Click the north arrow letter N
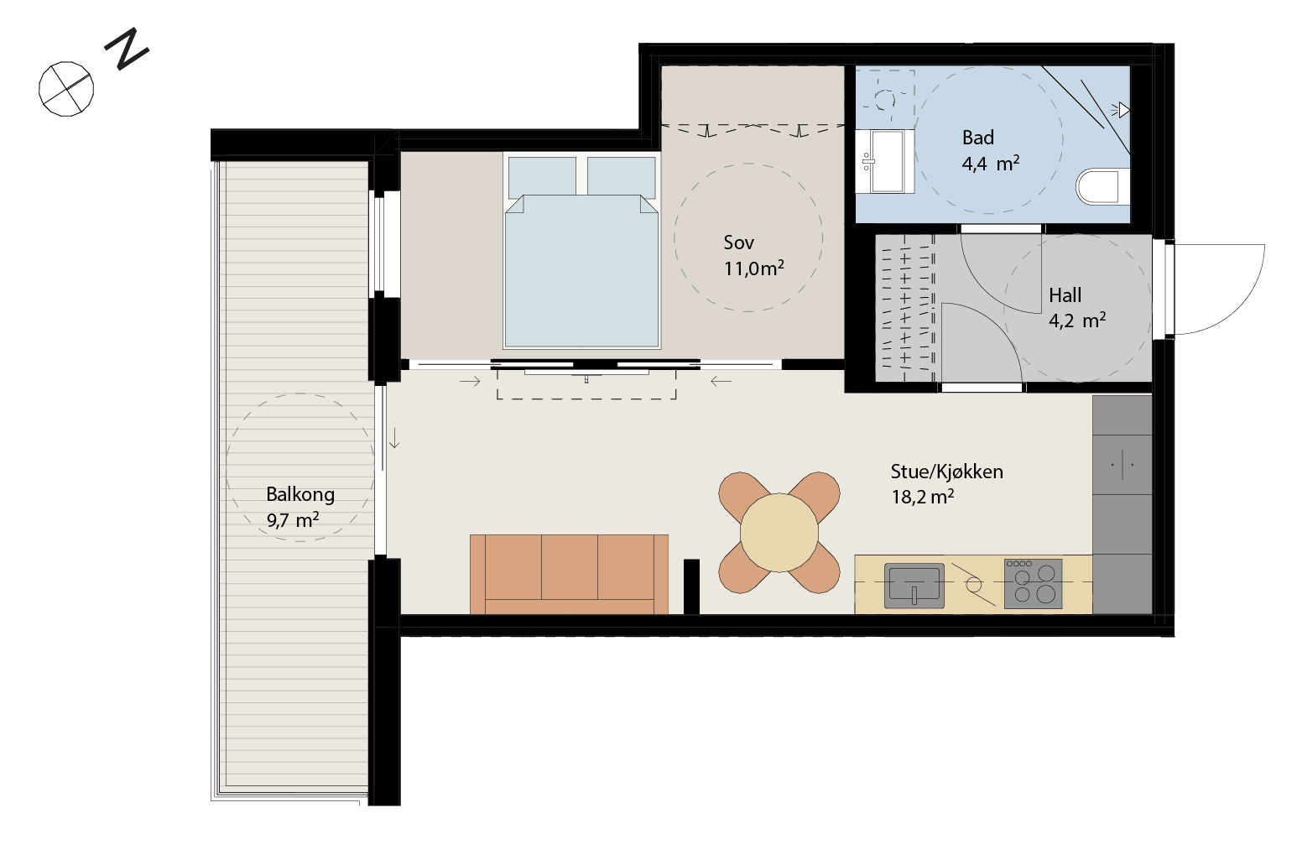(127, 49)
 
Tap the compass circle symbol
(66, 89)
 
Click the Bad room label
(978, 138)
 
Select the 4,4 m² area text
(990, 164)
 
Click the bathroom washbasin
(885, 161)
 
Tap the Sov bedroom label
(739, 242)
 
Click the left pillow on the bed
(542, 177)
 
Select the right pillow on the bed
(622, 177)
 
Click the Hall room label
(1065, 295)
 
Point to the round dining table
(779, 533)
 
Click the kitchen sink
(914, 586)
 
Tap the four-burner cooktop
(1033, 584)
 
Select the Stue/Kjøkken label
(946, 472)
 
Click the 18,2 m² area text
(922, 497)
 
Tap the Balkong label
(300, 494)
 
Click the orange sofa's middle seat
(569, 567)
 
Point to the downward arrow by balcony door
(394, 438)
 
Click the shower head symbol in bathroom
(1121, 110)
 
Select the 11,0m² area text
(754, 268)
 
